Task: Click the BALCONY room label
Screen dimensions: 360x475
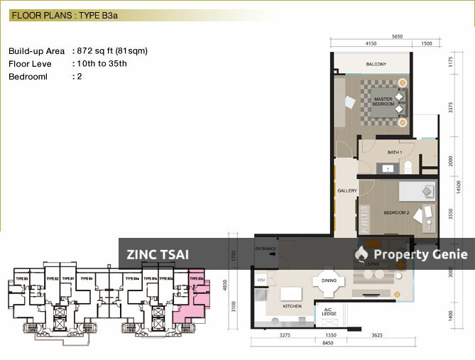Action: (376, 65)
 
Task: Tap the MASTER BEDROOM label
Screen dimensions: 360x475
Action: (383, 101)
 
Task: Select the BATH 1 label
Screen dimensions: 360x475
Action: (395, 153)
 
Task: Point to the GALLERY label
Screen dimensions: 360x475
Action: (347, 190)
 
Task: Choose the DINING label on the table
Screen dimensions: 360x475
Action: (329, 280)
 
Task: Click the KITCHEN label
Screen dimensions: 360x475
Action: (293, 306)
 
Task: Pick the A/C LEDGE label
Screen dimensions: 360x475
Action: (329, 312)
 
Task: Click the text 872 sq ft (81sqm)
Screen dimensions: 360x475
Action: (110, 51)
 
